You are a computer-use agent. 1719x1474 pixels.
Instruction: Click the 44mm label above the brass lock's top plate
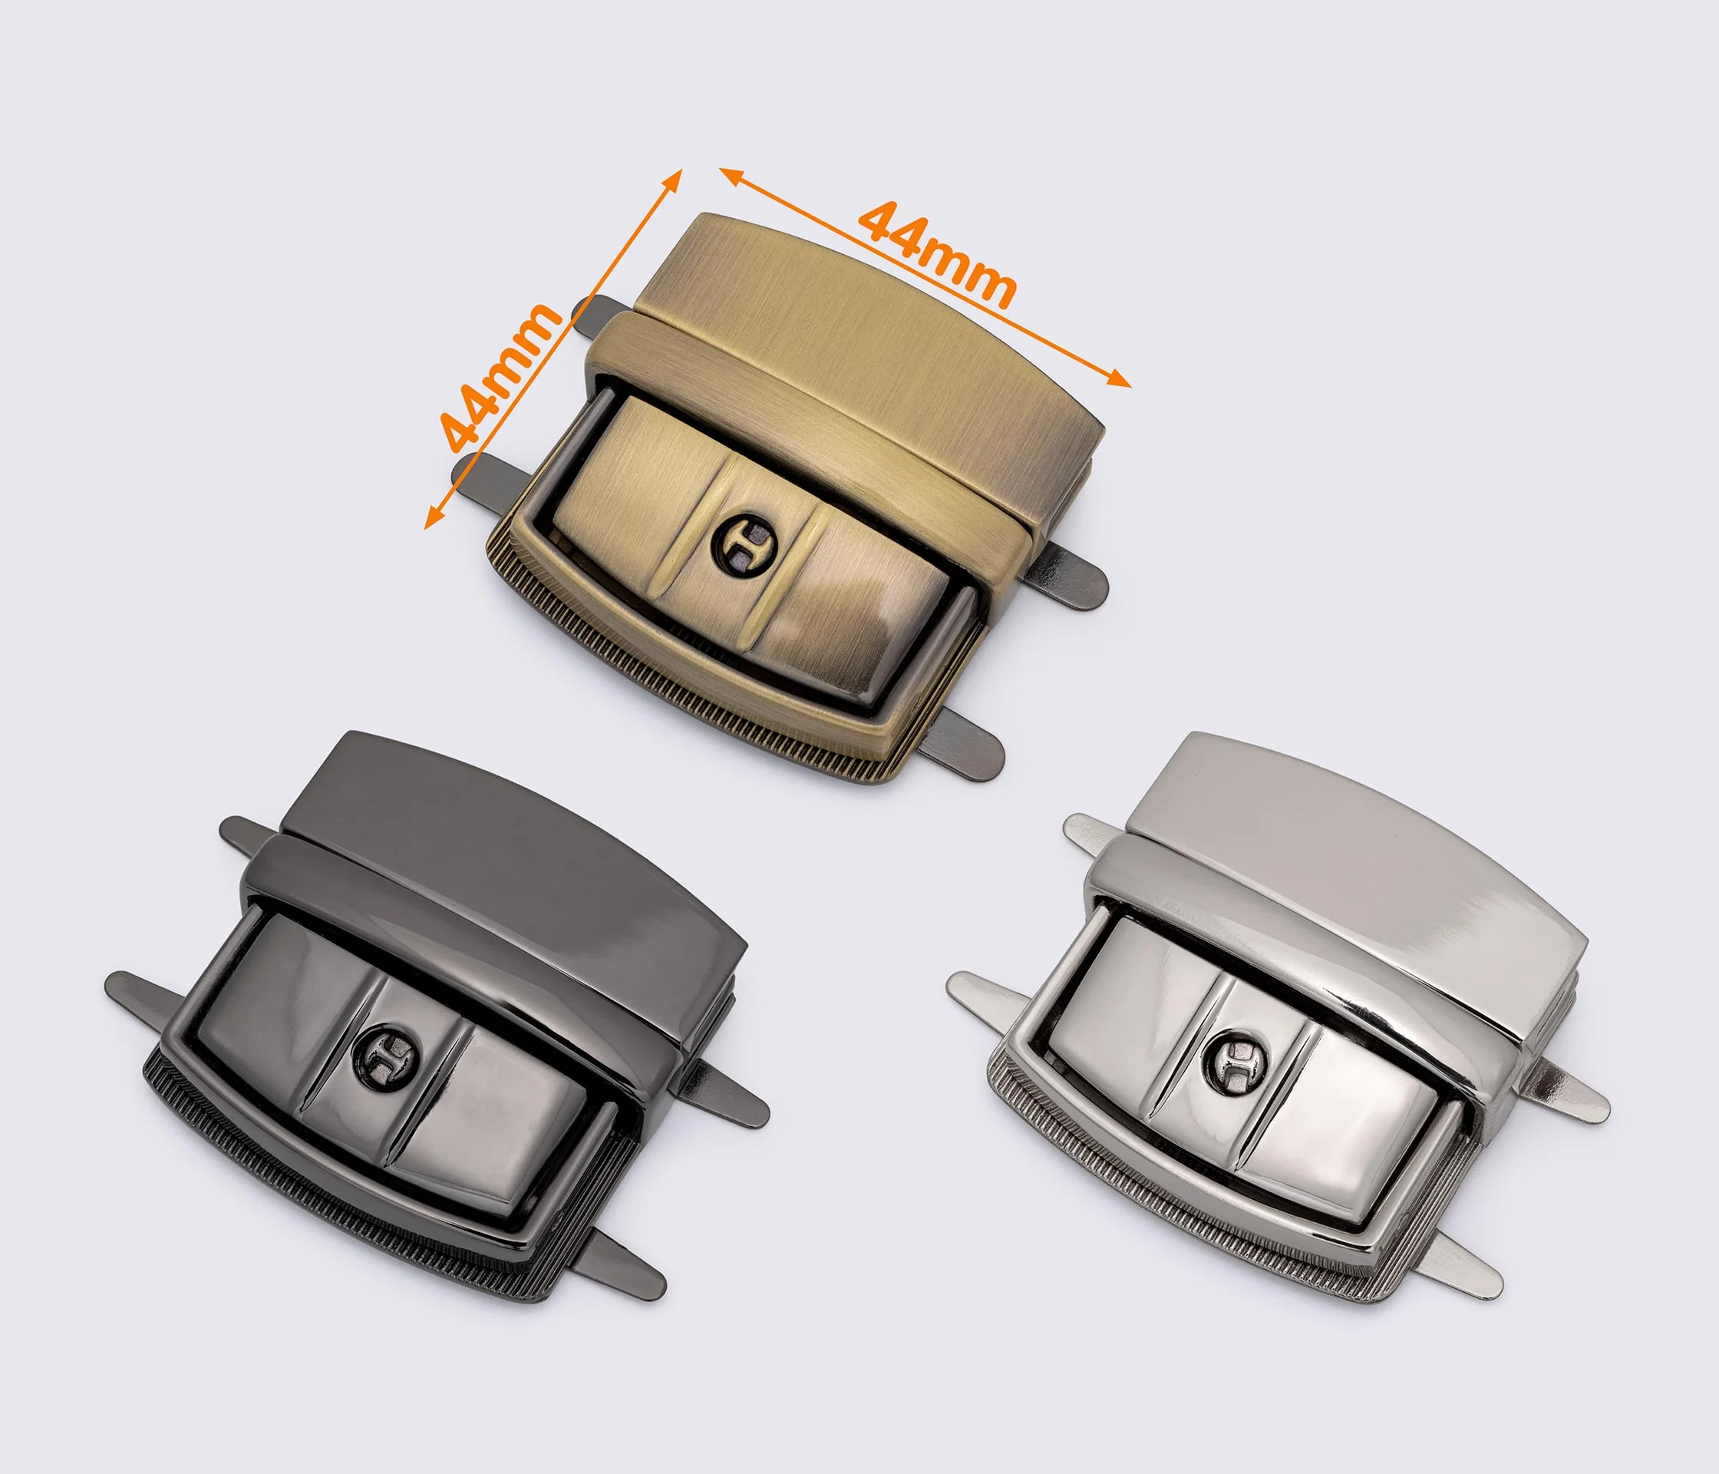[x=938, y=253]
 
